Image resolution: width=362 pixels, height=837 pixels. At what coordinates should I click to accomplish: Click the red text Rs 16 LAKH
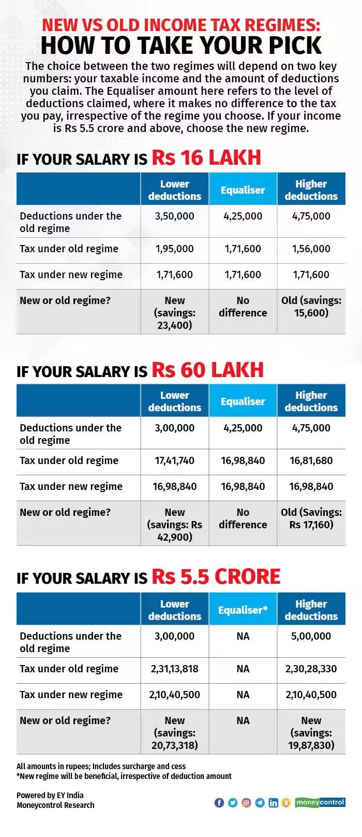click(x=206, y=157)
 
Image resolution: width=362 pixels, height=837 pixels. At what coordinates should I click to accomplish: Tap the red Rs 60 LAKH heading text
click(x=207, y=370)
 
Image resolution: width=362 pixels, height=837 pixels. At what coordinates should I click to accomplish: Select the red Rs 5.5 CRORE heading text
click(x=216, y=576)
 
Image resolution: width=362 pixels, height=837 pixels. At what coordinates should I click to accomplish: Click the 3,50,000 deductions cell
click(x=175, y=216)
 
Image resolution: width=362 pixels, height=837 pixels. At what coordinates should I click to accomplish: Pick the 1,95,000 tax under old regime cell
click(x=175, y=249)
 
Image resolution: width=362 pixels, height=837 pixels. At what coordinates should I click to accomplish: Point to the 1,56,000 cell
click(x=311, y=249)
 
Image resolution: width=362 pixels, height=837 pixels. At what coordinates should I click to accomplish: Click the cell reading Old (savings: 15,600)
click(x=311, y=307)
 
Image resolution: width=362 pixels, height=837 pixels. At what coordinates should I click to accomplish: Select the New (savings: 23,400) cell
click(x=175, y=313)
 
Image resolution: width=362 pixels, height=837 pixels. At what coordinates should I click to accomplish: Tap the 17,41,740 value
click(x=175, y=460)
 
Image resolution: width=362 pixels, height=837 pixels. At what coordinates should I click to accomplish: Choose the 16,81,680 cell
click(x=311, y=460)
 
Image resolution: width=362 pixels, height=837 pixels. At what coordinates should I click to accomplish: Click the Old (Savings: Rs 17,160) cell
click(x=311, y=518)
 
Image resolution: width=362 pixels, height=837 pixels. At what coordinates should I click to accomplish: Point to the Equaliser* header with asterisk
click(x=243, y=610)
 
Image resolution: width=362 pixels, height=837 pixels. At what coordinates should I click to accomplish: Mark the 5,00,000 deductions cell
click(x=311, y=636)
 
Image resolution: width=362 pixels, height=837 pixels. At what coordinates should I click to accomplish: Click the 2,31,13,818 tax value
click(x=175, y=669)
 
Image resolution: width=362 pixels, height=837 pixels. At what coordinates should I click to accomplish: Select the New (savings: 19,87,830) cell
click(x=311, y=733)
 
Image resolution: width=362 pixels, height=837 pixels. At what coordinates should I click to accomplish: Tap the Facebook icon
click(x=219, y=803)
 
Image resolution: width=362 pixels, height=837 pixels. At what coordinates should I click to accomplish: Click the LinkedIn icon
click(x=273, y=803)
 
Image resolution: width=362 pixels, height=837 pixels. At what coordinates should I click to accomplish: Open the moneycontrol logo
click(x=320, y=802)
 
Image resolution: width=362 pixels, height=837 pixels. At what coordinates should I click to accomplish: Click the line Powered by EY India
click(x=50, y=795)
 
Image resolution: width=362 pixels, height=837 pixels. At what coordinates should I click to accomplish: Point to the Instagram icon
click(x=246, y=803)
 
